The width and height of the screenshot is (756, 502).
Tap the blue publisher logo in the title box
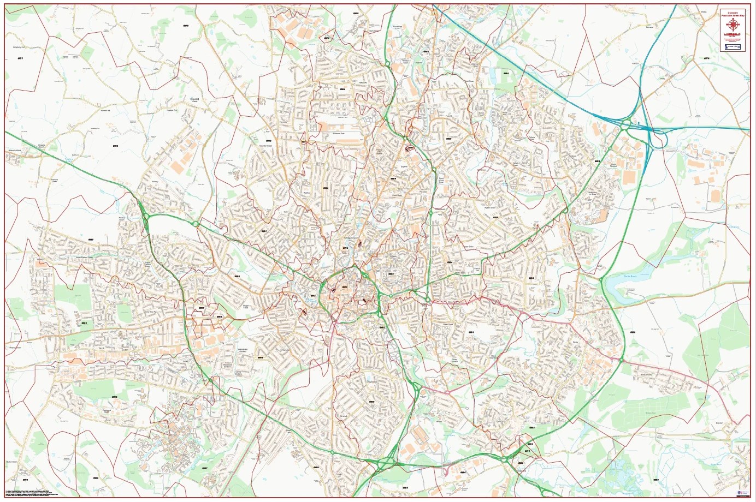click(733, 47)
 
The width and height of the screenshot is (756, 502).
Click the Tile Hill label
click(101, 348)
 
